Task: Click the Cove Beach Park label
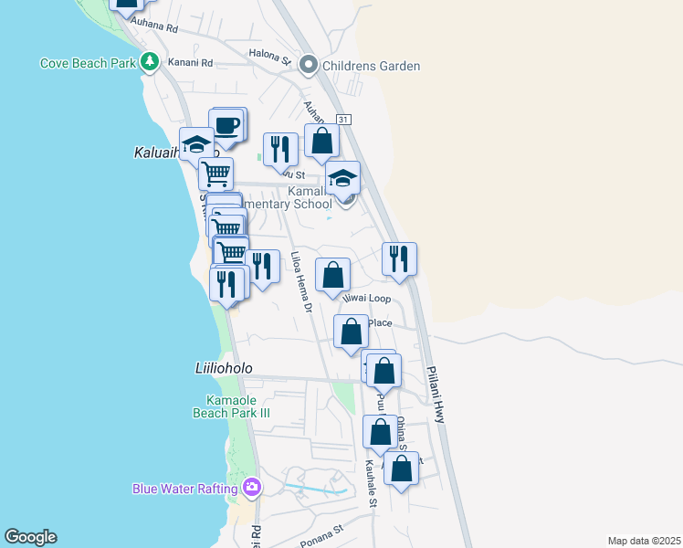coord(88,64)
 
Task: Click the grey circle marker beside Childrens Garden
coord(308,66)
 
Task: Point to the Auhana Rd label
coord(153,28)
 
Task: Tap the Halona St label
coord(269,61)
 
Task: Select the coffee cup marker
coord(227,125)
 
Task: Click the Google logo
coord(30,537)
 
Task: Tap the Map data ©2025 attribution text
coord(643,541)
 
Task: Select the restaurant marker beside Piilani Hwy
coord(398,259)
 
